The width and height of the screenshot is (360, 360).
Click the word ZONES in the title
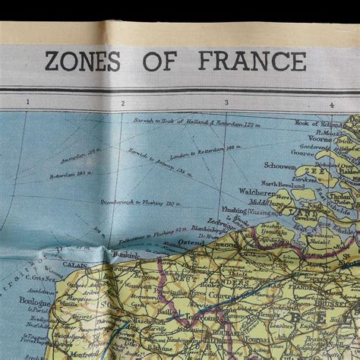point(82,61)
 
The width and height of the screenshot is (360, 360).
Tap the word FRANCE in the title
point(253,61)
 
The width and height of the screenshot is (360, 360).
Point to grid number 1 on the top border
point(28,103)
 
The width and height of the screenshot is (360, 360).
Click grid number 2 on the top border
point(122,103)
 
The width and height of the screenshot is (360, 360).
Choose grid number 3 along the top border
point(226,103)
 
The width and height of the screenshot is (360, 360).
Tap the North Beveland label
point(283,184)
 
